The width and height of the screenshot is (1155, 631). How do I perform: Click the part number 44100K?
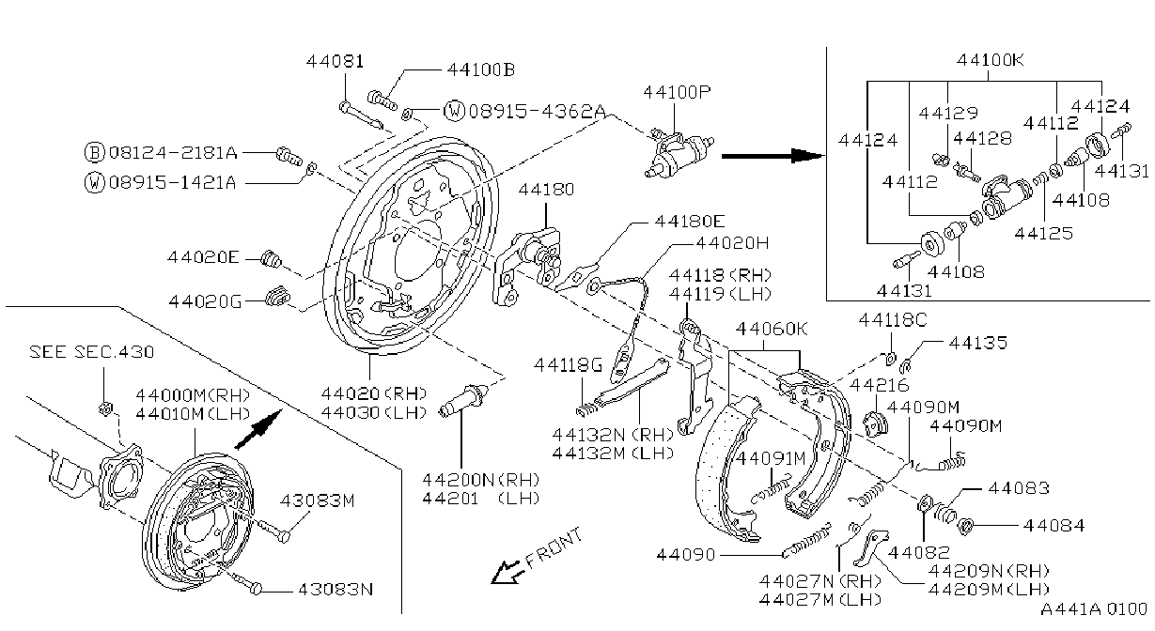[x=990, y=60]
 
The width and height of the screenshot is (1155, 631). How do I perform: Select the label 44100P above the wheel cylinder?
[x=677, y=92]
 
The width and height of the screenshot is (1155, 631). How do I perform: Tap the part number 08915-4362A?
[x=537, y=111]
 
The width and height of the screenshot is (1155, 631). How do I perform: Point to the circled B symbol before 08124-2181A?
[x=94, y=152]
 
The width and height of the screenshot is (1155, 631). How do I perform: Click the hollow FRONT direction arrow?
[x=507, y=571]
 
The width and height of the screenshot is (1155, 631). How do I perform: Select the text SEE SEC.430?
[x=91, y=352]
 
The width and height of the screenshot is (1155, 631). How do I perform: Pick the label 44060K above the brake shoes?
[x=772, y=329]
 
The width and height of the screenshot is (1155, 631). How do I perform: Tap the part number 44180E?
[x=690, y=222]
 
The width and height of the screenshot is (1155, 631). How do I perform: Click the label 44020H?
[x=732, y=242]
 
